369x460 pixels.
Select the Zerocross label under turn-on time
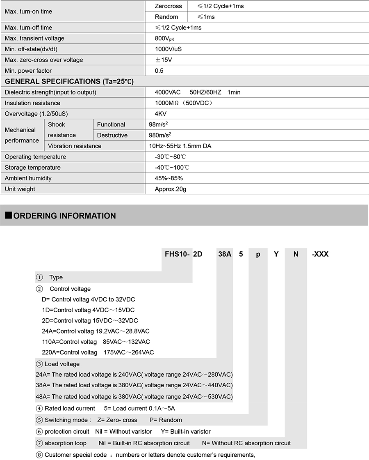click(168, 6)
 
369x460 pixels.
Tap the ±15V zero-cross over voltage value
click(163, 60)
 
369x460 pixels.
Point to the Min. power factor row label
click(28, 71)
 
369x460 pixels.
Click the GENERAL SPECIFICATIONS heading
click(69, 81)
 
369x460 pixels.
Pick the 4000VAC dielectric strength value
click(167, 92)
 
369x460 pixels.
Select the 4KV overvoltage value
click(161, 114)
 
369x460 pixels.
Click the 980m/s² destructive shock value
click(160, 135)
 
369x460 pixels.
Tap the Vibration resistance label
click(75, 146)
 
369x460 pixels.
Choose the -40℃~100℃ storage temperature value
click(172, 168)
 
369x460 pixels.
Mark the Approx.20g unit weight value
click(171, 189)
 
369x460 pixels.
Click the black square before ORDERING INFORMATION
click(8, 216)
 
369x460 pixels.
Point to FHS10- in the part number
click(178, 254)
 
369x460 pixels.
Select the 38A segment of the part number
click(225, 254)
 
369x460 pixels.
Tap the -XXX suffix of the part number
click(320, 254)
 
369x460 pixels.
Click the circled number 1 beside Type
click(39, 277)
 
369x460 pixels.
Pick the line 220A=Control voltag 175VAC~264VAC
click(98, 352)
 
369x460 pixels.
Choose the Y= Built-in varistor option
click(186, 431)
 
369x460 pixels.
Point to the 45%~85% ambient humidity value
click(169, 178)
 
